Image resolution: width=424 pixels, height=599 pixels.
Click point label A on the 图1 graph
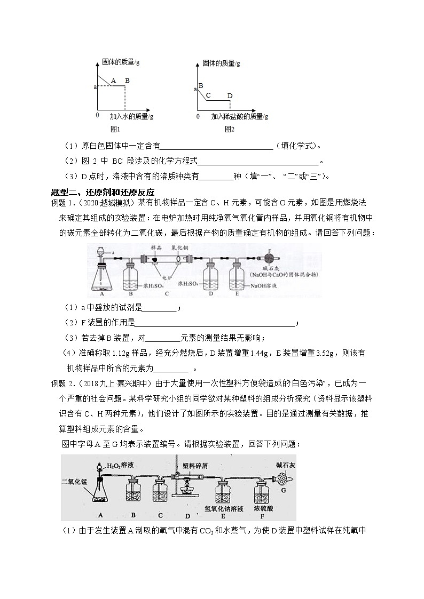tap(113, 82)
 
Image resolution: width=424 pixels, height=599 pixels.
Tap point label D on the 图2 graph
tap(230, 96)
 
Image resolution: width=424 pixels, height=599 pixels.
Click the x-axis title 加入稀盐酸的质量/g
tap(239, 116)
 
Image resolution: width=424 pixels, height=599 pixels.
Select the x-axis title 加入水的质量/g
tap(131, 116)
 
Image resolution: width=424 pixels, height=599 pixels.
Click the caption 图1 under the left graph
tap(115, 129)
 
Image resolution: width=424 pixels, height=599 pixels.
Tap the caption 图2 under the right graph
tap(230, 129)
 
